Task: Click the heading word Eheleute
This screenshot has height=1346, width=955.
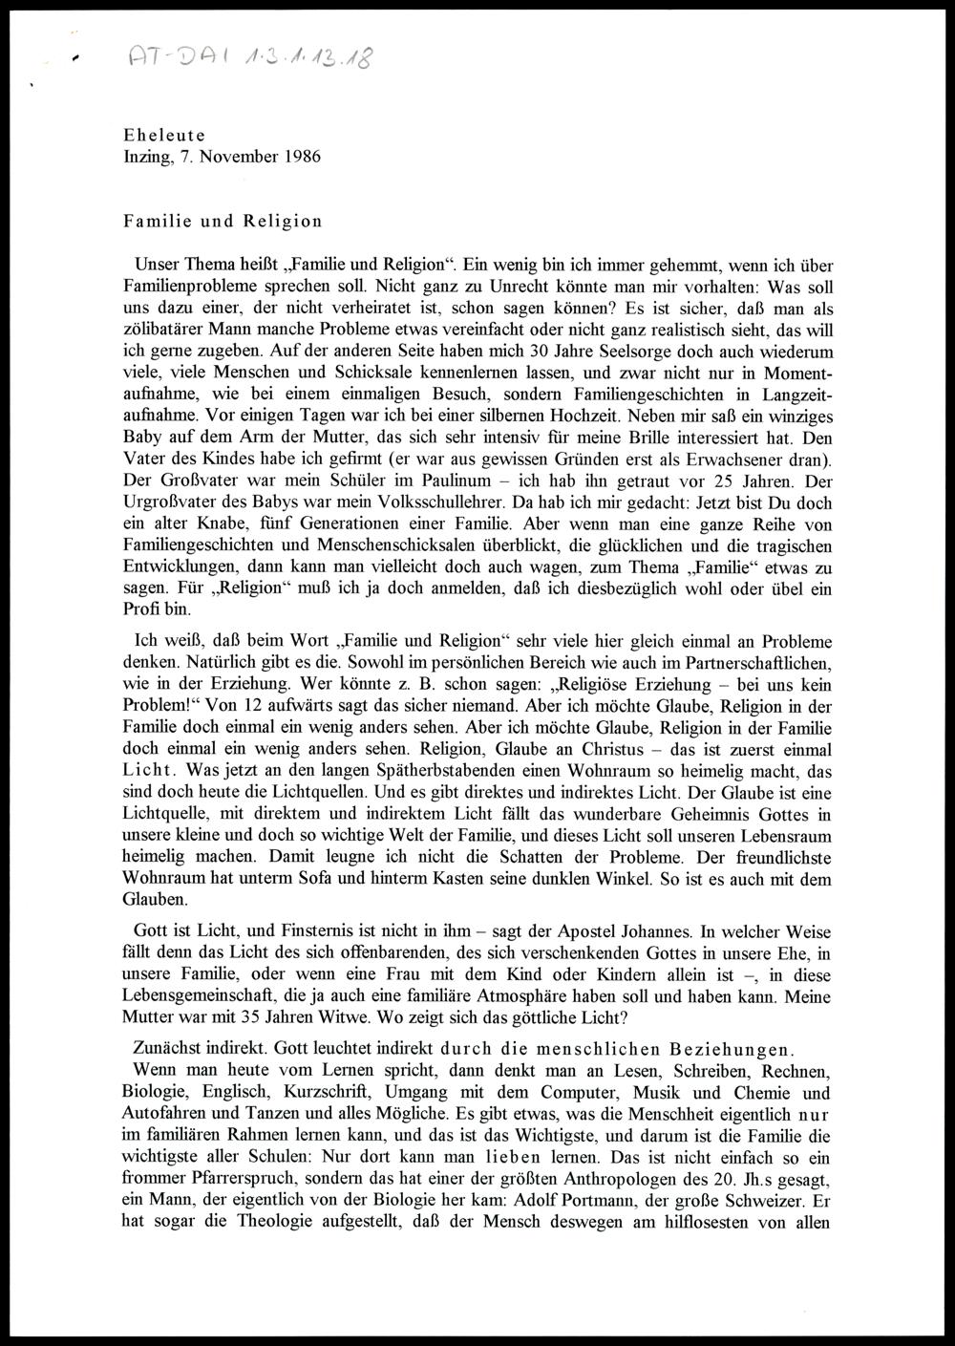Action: tap(164, 137)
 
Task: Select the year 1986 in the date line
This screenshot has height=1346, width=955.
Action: tap(301, 157)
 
